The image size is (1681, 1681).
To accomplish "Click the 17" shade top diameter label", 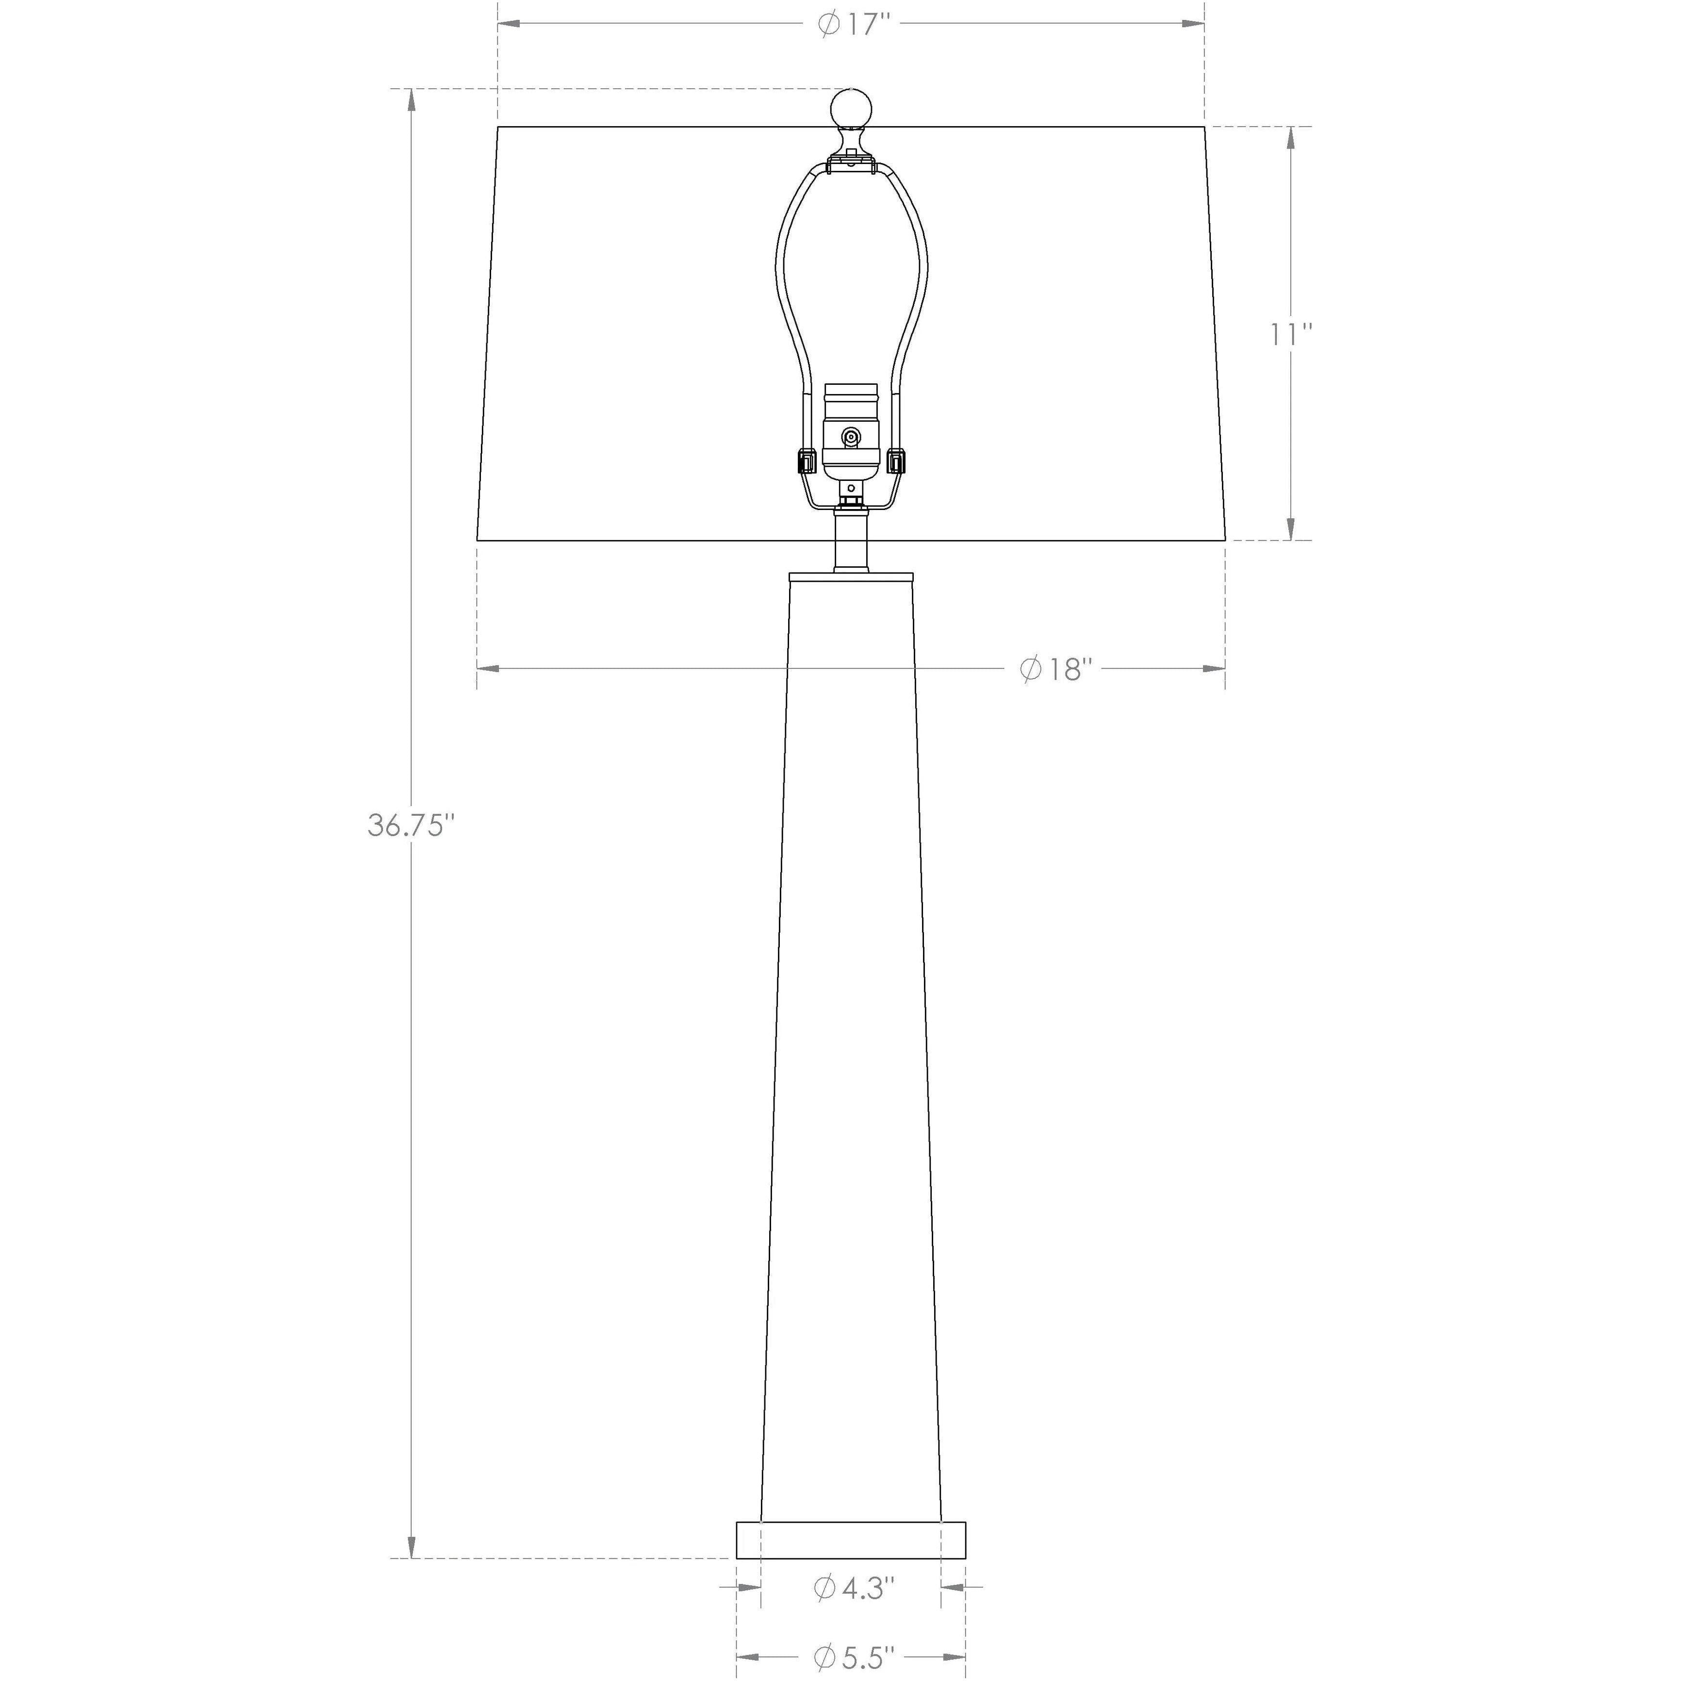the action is point(855,24).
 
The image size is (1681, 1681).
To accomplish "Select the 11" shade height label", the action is point(1290,334).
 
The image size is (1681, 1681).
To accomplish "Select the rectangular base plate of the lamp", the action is point(851,1539).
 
